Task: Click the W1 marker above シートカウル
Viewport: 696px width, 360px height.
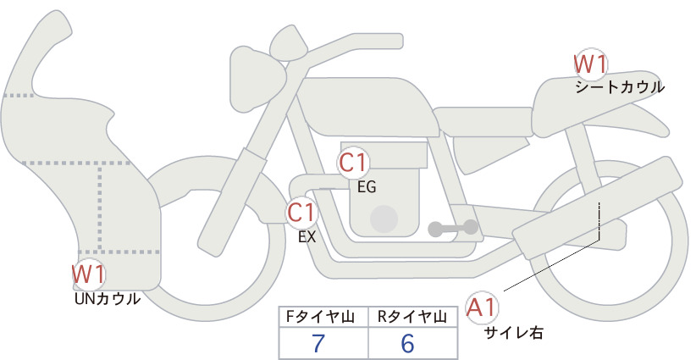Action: click(590, 65)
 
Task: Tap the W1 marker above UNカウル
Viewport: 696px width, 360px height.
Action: click(89, 274)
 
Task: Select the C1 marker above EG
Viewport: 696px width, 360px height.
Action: click(353, 163)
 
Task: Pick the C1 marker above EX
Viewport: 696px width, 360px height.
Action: click(301, 212)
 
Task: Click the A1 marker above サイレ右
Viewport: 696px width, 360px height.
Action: click(482, 307)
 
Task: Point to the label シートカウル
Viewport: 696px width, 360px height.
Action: click(620, 87)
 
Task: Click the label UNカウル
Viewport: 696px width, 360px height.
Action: click(108, 299)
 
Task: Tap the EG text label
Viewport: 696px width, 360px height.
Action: click(367, 187)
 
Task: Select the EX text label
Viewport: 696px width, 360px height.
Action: click(307, 237)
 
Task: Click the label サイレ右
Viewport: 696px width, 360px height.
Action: click(514, 332)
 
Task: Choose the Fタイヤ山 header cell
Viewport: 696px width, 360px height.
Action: click(323, 317)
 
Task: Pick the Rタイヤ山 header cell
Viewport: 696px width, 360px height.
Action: click(413, 317)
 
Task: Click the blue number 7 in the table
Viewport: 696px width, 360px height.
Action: click(318, 343)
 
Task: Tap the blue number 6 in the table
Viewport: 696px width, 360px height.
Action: click(407, 343)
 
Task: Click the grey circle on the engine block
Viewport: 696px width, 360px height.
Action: click(384, 219)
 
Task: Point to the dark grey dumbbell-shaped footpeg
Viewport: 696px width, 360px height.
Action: click(453, 228)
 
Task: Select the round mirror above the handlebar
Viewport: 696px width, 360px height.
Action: click(290, 43)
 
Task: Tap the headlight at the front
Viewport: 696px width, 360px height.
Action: click(257, 80)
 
